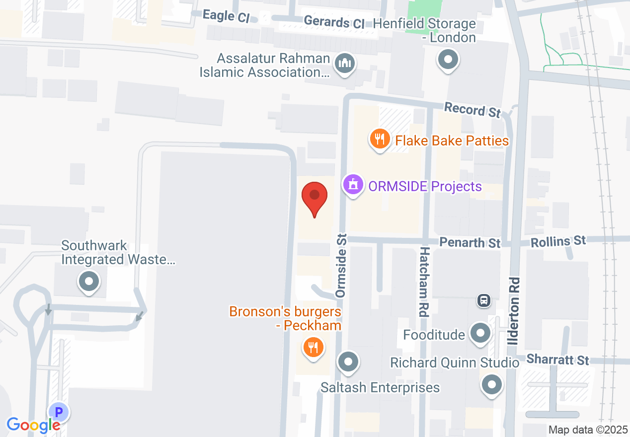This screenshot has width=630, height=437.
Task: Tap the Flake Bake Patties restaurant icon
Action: pyautogui.click(x=380, y=139)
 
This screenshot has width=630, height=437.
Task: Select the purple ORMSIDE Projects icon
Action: pyautogui.click(x=353, y=185)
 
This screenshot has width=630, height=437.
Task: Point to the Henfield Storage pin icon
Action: pyautogui.click(x=448, y=60)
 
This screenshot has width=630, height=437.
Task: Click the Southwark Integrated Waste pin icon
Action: pyautogui.click(x=89, y=282)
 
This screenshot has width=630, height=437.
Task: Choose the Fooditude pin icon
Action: pyautogui.click(x=480, y=334)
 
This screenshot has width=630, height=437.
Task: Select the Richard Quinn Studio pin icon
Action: pyautogui.click(x=492, y=384)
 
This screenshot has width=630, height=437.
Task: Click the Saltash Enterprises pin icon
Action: pyautogui.click(x=348, y=361)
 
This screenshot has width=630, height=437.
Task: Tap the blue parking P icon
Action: pyautogui.click(x=59, y=412)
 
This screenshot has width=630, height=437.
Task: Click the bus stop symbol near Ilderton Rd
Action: pyautogui.click(x=483, y=300)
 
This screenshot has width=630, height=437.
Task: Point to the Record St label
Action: pyautogui.click(x=472, y=110)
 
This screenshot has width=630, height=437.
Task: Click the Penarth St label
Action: pyautogui.click(x=470, y=243)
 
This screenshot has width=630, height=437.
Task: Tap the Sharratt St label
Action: pyautogui.click(x=557, y=359)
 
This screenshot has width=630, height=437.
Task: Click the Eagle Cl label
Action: pyautogui.click(x=226, y=16)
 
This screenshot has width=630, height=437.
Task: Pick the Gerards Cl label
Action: pyautogui.click(x=334, y=22)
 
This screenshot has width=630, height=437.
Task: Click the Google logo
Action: pyautogui.click(x=33, y=425)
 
